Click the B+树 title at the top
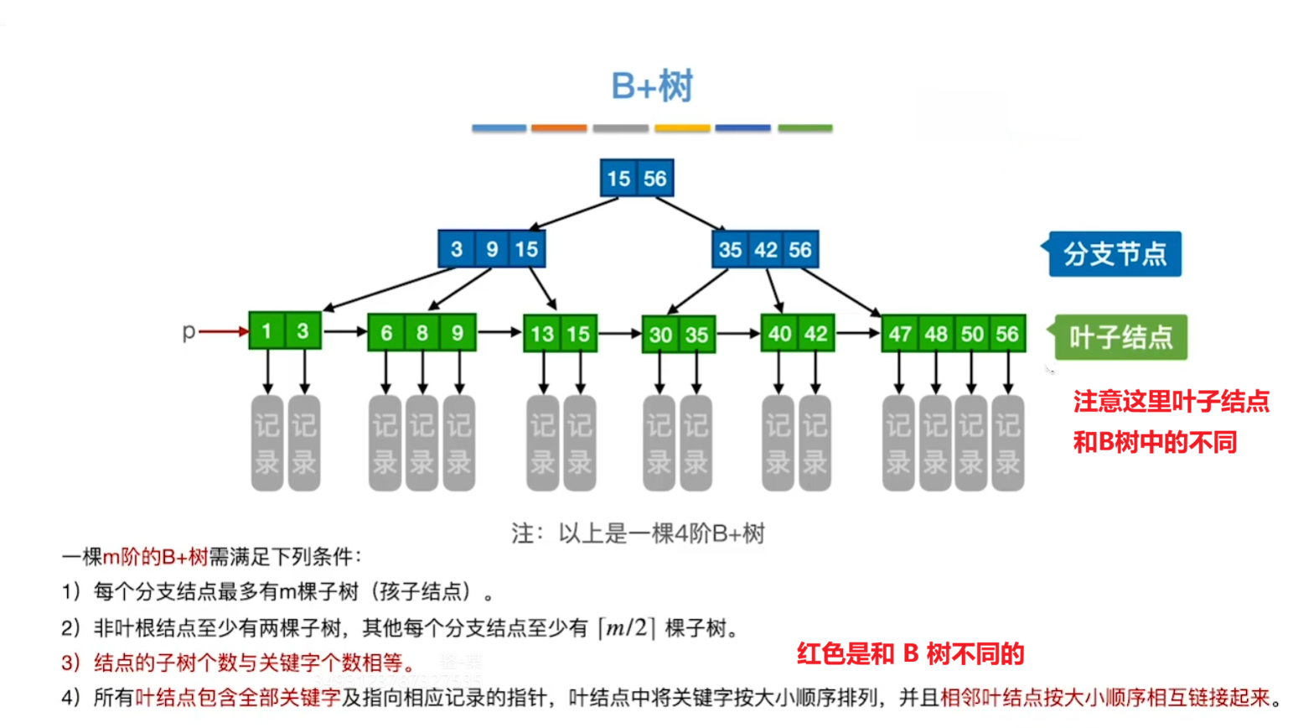(x=652, y=86)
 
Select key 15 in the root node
(x=618, y=179)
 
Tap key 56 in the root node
(x=654, y=179)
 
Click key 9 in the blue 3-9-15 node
(x=492, y=249)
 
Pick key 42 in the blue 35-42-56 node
(x=765, y=250)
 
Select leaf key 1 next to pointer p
(x=266, y=331)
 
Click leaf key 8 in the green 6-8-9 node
(x=422, y=333)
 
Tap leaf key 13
(x=541, y=334)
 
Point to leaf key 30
(x=660, y=335)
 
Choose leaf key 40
(x=779, y=334)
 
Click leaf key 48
(x=936, y=335)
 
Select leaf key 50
(x=972, y=335)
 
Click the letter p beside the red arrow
(x=189, y=331)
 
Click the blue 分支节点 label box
(x=1115, y=254)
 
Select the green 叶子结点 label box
(x=1120, y=337)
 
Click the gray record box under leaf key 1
(x=267, y=443)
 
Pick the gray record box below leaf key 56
(x=1007, y=443)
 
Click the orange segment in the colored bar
(x=559, y=128)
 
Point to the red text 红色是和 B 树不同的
(x=910, y=653)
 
